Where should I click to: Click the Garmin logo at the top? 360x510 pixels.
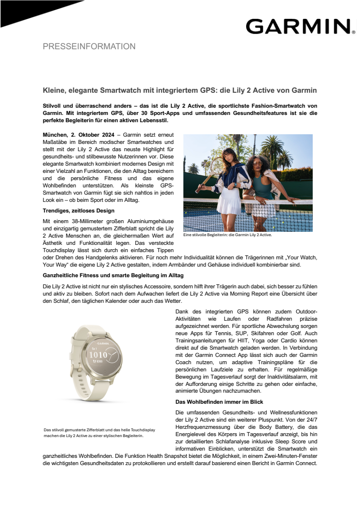298,26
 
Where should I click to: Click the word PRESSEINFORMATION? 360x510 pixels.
89,47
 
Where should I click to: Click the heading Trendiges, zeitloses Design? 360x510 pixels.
77,211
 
